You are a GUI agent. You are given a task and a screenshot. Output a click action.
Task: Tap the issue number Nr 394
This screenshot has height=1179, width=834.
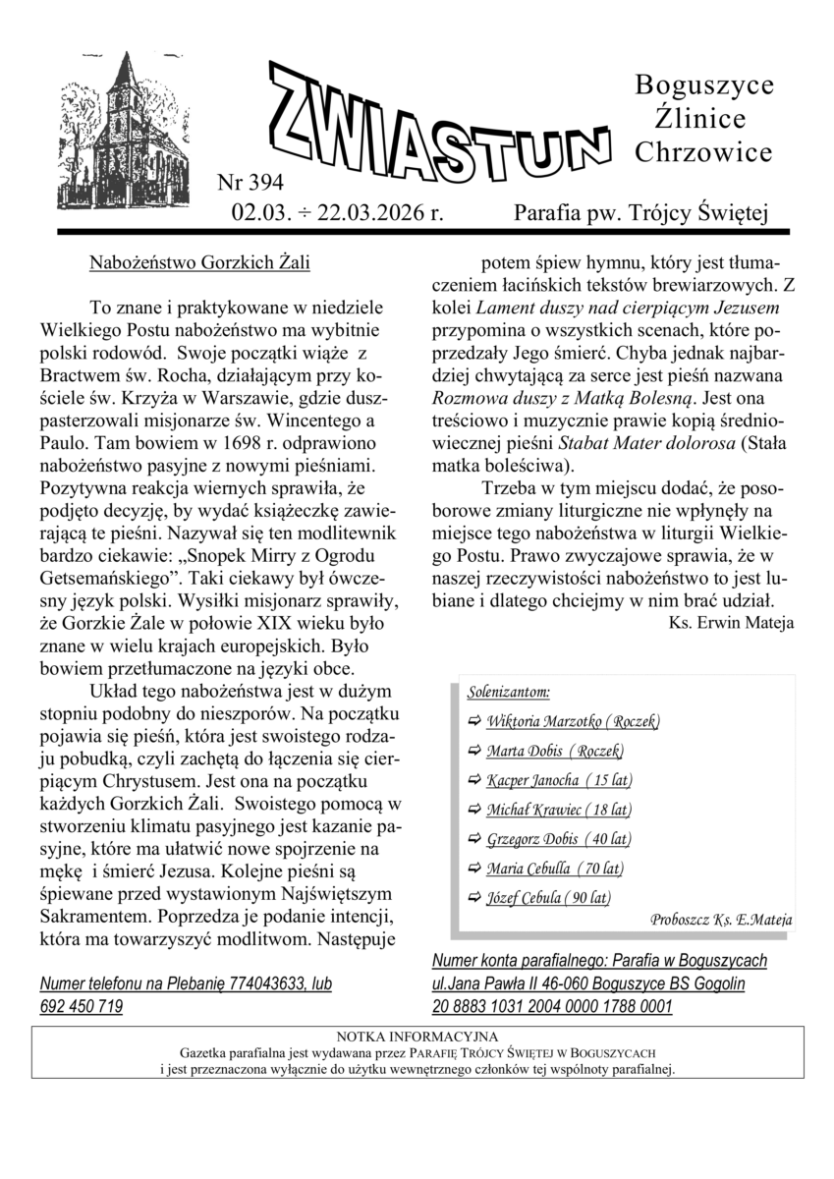tap(250, 182)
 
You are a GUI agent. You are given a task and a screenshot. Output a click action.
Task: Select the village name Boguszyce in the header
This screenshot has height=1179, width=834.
tap(703, 85)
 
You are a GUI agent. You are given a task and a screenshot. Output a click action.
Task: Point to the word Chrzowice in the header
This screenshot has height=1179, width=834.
tap(703, 152)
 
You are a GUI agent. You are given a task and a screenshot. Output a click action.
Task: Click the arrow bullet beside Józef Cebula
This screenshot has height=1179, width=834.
tap(474, 898)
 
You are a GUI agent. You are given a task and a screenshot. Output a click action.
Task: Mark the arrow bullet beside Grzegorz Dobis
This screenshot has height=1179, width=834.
tap(474, 839)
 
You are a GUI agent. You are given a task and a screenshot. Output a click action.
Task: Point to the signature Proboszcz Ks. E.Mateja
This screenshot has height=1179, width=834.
tap(721, 921)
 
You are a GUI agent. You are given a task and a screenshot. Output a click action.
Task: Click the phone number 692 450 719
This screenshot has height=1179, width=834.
tap(82, 1006)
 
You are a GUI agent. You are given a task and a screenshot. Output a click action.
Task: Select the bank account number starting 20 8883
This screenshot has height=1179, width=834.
tap(552, 1006)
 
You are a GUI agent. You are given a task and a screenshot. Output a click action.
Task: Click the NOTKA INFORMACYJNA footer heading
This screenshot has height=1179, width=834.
tap(417, 1037)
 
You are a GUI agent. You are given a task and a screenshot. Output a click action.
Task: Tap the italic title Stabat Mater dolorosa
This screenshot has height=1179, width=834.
tap(599, 442)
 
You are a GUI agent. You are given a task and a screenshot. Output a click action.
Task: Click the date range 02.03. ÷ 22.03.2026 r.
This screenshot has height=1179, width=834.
tap(338, 212)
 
